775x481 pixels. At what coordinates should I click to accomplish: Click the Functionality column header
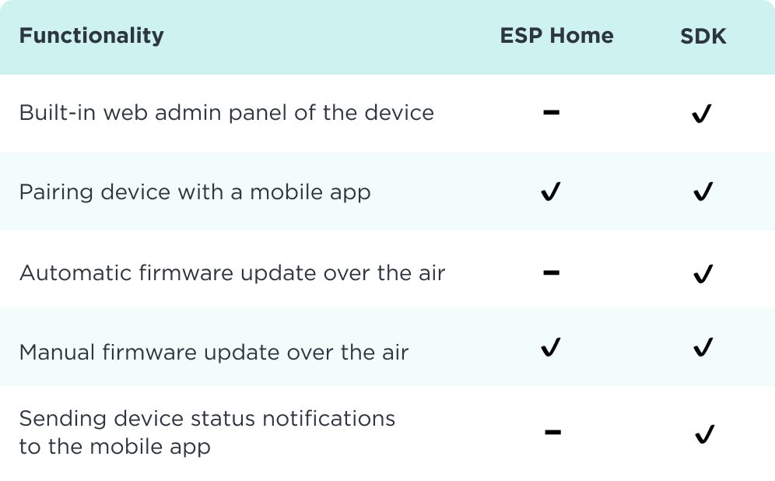(92, 36)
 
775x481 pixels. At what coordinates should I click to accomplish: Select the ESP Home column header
(556, 36)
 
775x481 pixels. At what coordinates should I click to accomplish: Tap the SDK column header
(703, 36)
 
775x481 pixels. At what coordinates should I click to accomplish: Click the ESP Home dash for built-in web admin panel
(551, 112)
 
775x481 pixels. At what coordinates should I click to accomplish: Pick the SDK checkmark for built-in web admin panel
(702, 113)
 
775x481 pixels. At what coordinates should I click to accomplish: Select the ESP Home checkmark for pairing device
(551, 191)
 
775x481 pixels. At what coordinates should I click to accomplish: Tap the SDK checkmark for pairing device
(703, 191)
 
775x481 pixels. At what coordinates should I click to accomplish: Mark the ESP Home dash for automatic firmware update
(551, 272)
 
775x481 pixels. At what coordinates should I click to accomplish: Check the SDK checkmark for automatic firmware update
(703, 273)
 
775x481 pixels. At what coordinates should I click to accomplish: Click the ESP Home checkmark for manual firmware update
(551, 347)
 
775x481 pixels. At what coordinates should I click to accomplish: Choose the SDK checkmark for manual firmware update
(703, 347)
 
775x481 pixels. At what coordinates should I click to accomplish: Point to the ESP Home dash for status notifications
(552, 432)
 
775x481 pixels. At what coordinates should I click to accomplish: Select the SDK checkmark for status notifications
(704, 434)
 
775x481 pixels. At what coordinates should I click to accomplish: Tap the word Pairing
(56, 192)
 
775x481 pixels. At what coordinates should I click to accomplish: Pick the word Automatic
(75, 273)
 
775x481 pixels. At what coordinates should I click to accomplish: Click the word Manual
(57, 353)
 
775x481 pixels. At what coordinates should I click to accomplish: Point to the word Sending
(63, 420)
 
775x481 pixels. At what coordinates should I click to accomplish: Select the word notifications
(328, 418)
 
